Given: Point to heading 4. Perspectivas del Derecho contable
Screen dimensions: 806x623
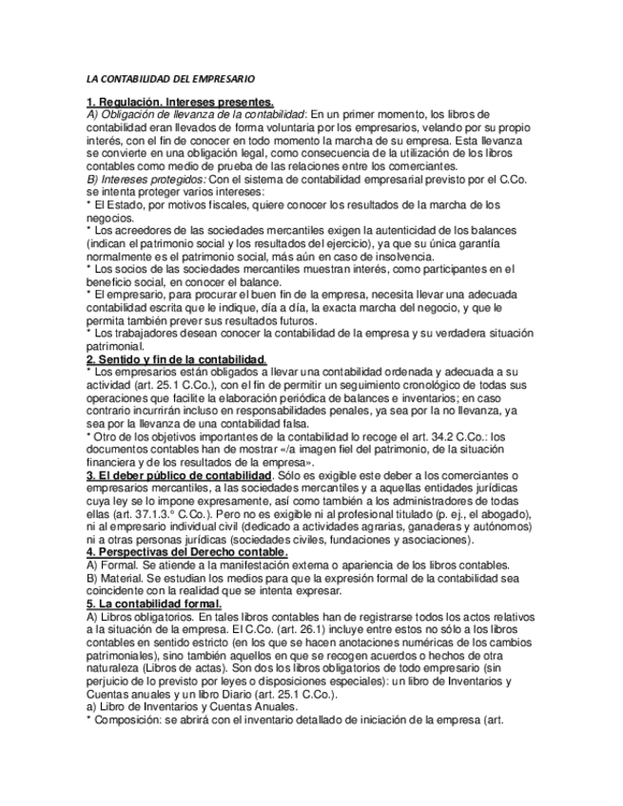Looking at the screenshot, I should [187, 551].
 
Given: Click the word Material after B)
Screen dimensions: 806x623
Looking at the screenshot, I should [120, 578].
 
